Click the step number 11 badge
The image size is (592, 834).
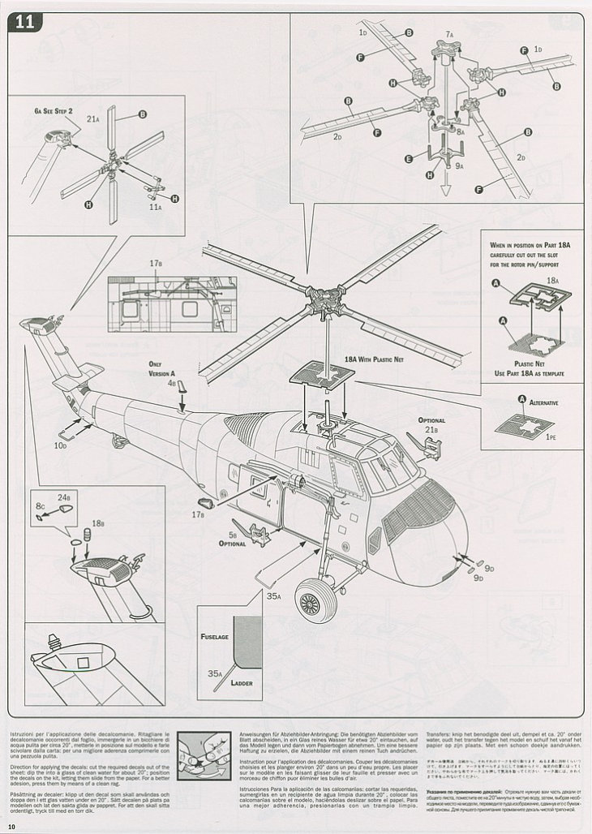click(x=24, y=23)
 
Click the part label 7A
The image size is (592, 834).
click(x=449, y=35)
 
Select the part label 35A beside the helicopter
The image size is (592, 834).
click(x=273, y=595)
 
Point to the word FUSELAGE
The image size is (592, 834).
click(x=214, y=637)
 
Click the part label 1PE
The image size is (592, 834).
click(x=551, y=437)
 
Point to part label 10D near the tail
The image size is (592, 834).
click(x=61, y=445)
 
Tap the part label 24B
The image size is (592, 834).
click(x=62, y=497)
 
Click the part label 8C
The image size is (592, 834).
click(x=40, y=506)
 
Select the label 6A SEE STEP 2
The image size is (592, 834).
click(x=54, y=110)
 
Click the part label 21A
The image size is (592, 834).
click(x=92, y=119)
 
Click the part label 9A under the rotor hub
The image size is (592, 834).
click(x=459, y=166)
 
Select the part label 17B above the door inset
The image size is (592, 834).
click(x=156, y=264)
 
